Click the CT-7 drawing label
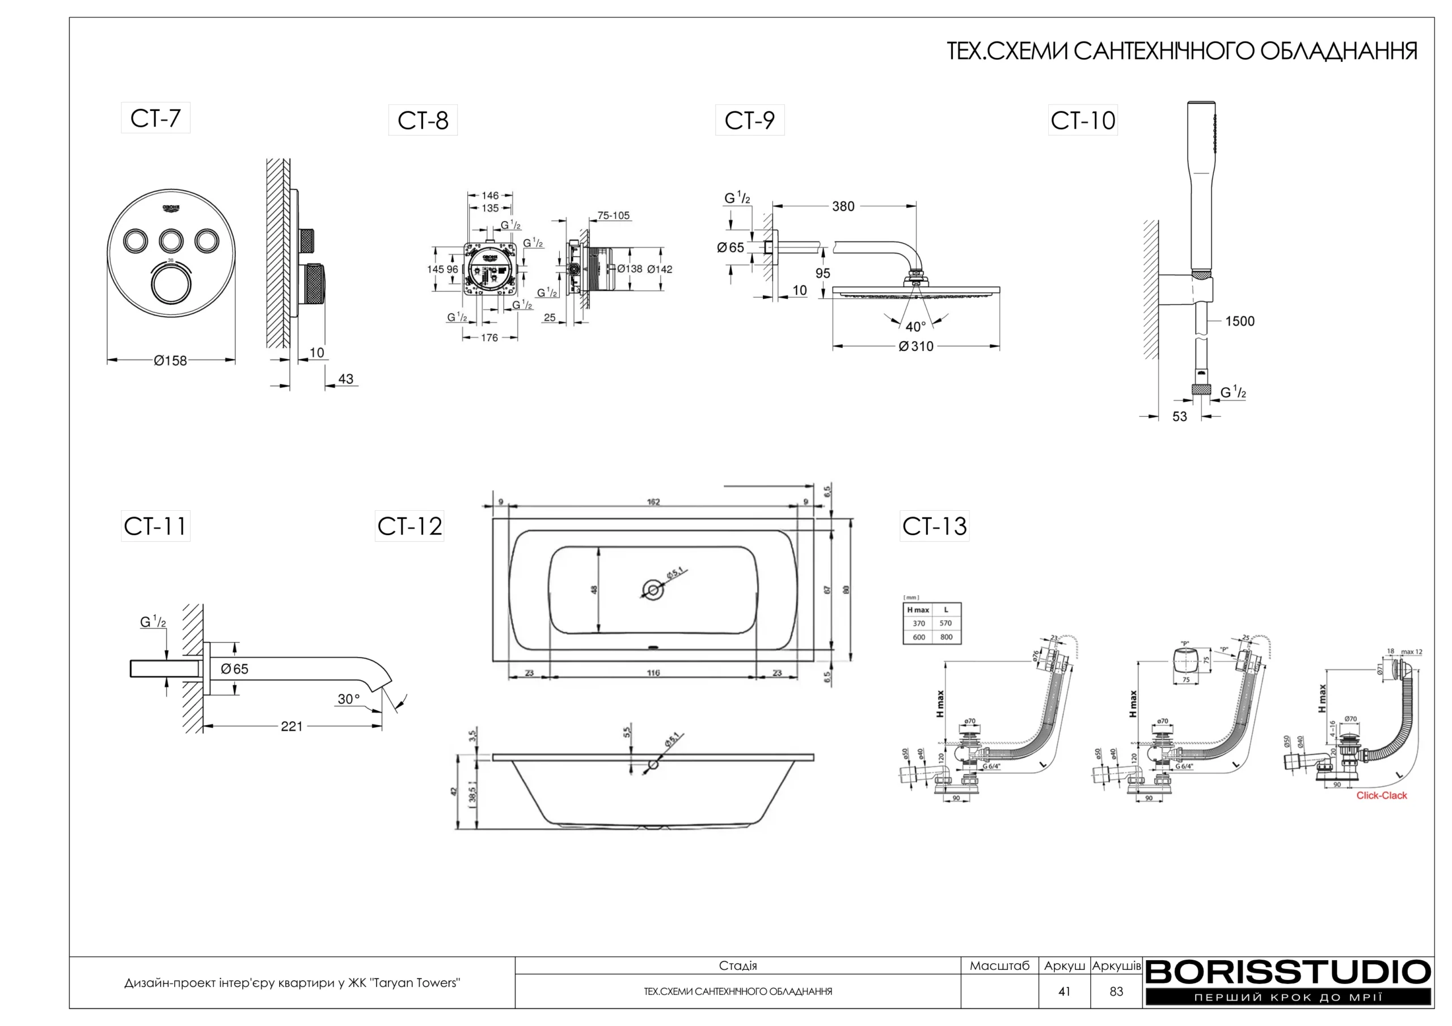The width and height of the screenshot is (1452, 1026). [155, 118]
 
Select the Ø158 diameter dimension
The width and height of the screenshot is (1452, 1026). [171, 361]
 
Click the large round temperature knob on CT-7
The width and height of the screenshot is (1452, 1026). [171, 286]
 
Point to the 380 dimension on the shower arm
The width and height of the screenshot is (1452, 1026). [843, 206]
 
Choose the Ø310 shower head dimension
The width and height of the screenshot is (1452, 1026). [917, 346]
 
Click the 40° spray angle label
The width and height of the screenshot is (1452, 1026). [915, 327]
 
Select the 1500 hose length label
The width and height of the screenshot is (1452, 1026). [1239, 321]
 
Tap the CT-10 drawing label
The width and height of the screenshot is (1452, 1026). [1083, 120]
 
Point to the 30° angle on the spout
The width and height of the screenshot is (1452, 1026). [348, 698]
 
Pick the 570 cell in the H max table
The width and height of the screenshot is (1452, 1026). [946, 624]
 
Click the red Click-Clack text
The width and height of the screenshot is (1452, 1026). [1381, 795]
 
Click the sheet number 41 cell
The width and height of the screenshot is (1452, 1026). [1065, 992]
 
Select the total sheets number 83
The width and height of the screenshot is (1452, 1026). [1116, 992]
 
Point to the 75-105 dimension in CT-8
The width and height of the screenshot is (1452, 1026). [614, 215]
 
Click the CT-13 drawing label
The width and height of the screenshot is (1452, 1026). [934, 526]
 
